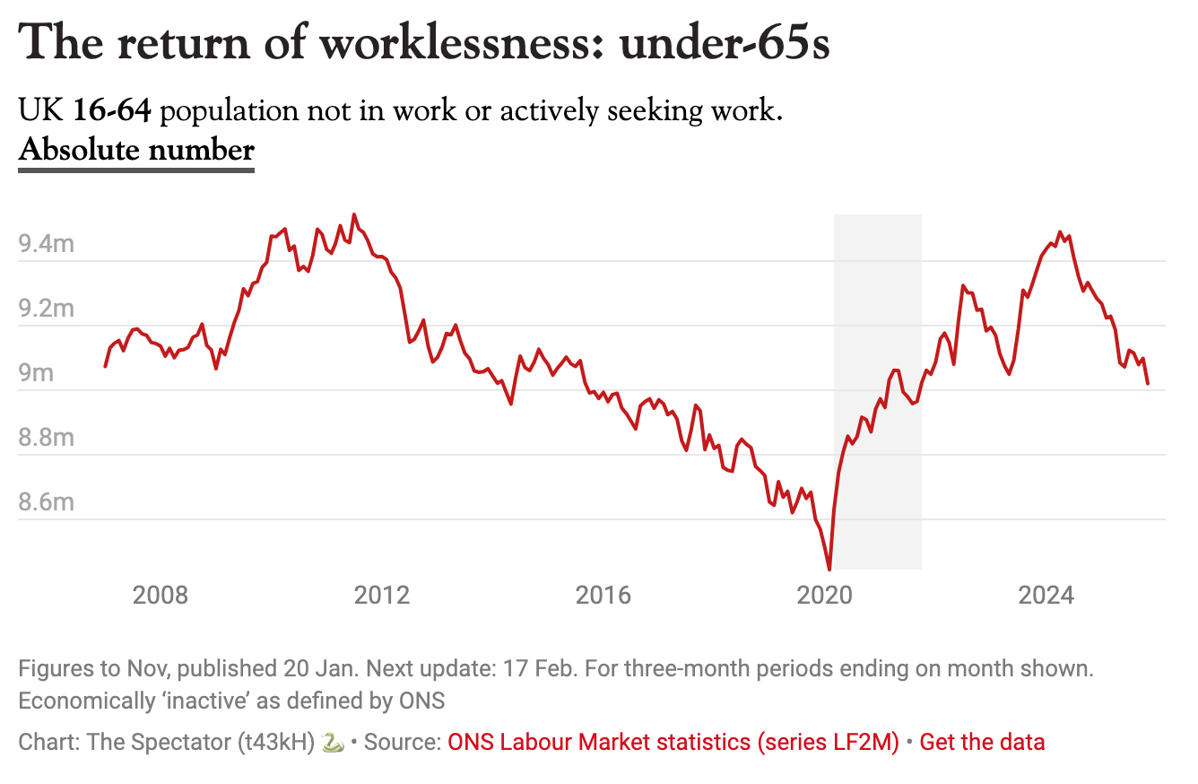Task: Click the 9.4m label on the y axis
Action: [x=46, y=243]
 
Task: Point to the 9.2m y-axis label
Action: [x=46, y=308]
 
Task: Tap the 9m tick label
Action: [x=37, y=372]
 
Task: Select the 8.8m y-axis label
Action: [x=46, y=437]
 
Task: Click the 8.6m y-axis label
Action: [x=46, y=501]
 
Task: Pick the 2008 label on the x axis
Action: [x=161, y=595]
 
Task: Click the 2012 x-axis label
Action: [x=382, y=595]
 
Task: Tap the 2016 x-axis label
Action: [x=603, y=595]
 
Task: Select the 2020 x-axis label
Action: [x=825, y=595]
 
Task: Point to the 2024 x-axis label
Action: [x=1046, y=595]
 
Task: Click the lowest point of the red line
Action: [x=829, y=569]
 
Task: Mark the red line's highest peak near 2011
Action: [x=354, y=215]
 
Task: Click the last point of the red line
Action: [x=1148, y=384]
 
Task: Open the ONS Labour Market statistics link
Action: [x=673, y=743]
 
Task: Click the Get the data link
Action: [x=982, y=743]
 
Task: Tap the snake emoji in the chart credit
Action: [x=332, y=743]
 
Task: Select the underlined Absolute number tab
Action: [x=136, y=150]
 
